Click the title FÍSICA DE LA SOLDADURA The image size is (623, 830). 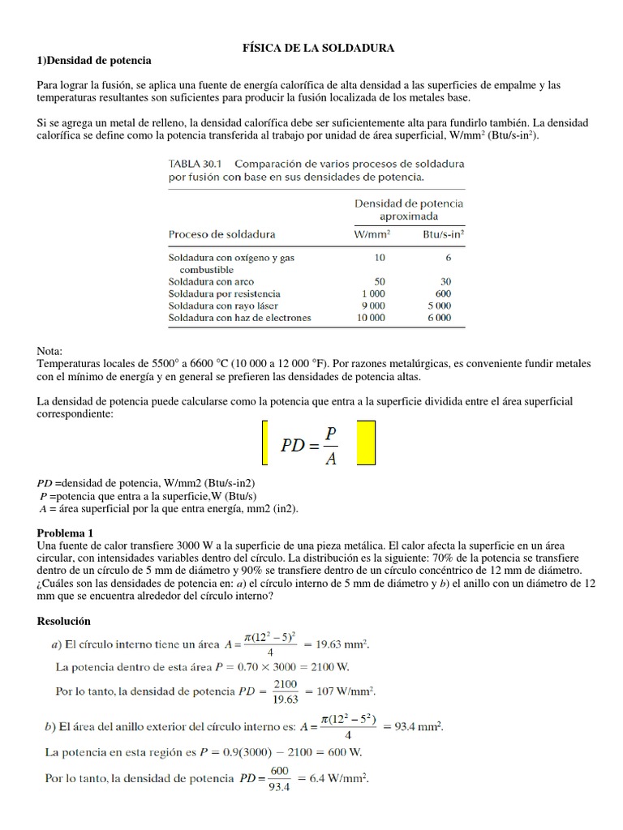[x=319, y=49]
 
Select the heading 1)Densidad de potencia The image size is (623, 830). [x=94, y=61]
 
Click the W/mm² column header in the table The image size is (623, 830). [x=372, y=234]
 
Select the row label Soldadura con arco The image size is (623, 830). [x=212, y=281]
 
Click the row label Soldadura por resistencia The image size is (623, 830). [x=225, y=293]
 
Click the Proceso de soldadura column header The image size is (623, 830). [x=221, y=234]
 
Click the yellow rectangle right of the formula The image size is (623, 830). [x=366, y=443]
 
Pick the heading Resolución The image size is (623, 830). [x=64, y=621]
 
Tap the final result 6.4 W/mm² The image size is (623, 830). [x=340, y=779]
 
